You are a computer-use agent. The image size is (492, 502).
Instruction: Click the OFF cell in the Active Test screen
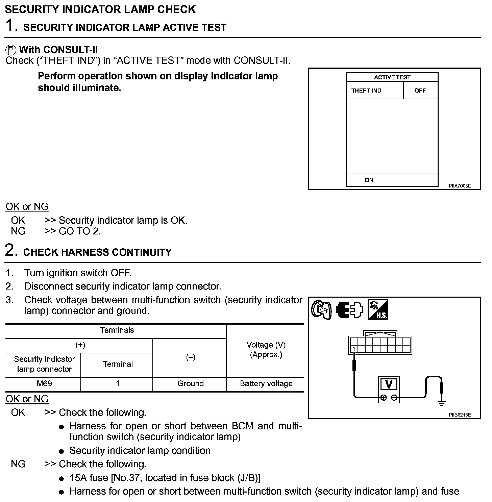(420, 91)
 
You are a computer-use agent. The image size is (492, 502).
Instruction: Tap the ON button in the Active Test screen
(369, 180)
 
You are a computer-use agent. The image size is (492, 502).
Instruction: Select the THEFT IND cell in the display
(366, 91)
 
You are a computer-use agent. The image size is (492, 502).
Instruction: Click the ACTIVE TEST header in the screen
(392, 77)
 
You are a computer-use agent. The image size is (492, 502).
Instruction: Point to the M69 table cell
(44, 383)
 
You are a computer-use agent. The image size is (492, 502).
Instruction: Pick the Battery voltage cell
(266, 383)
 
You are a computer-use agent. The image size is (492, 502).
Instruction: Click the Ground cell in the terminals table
(191, 383)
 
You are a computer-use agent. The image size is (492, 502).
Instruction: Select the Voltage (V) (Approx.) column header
(266, 350)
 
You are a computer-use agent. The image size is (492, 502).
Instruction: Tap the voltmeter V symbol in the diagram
(389, 385)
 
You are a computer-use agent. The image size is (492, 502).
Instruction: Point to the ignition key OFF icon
(321, 310)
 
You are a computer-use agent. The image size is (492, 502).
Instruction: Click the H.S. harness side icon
(378, 310)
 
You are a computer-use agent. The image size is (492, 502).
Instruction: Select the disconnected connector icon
(349, 310)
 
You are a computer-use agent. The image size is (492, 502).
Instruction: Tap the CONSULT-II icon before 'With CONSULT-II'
(11, 50)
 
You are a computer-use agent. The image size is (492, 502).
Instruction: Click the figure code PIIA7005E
(460, 186)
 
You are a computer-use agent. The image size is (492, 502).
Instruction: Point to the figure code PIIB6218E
(460, 415)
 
